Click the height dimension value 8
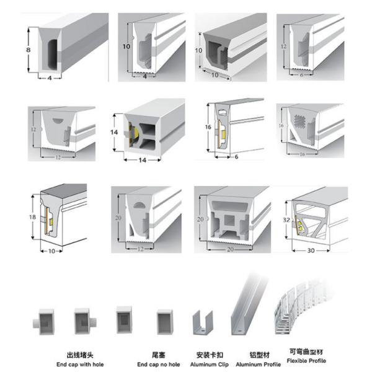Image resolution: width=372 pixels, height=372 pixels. (x=28, y=48)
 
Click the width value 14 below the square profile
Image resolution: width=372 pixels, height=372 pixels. (x=143, y=160)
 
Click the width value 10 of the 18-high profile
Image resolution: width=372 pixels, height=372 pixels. (x=52, y=251)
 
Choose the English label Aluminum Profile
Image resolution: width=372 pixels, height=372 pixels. (x=255, y=364)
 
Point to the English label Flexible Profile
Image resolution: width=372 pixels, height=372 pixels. (x=306, y=361)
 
